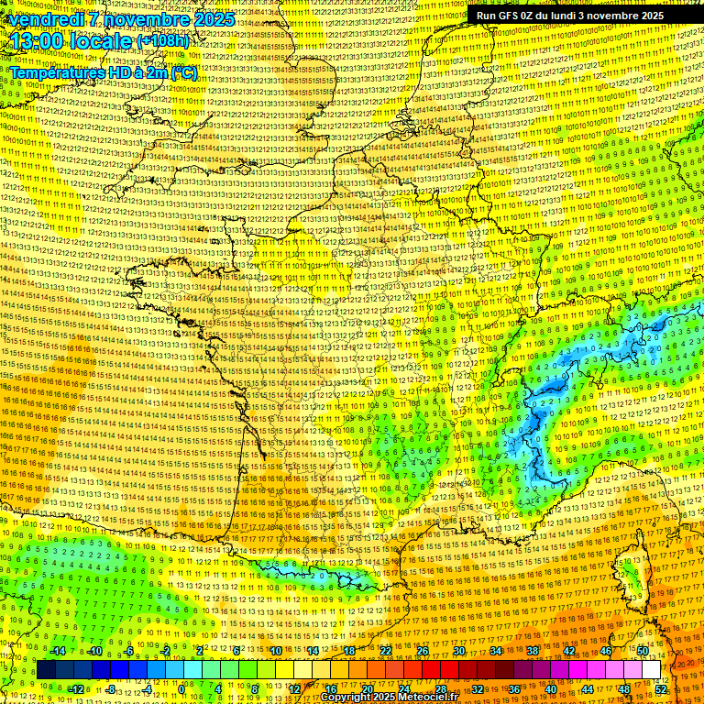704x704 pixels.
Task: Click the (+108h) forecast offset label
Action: pos(163,41)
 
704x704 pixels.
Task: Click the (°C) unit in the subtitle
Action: pos(183,71)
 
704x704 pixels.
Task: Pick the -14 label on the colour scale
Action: pos(57,651)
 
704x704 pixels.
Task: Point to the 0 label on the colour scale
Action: pos(181,688)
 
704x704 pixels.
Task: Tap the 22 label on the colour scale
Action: pos(386,651)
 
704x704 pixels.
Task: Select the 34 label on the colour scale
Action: pos(496,651)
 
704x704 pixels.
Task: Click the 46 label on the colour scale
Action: pos(606,651)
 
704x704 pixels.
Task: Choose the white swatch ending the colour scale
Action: pos(651,670)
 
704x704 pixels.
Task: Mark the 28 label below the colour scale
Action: pos(441,688)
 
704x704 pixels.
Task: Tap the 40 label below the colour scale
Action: pos(551,688)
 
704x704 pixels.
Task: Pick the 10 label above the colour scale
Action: pos(276,651)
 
